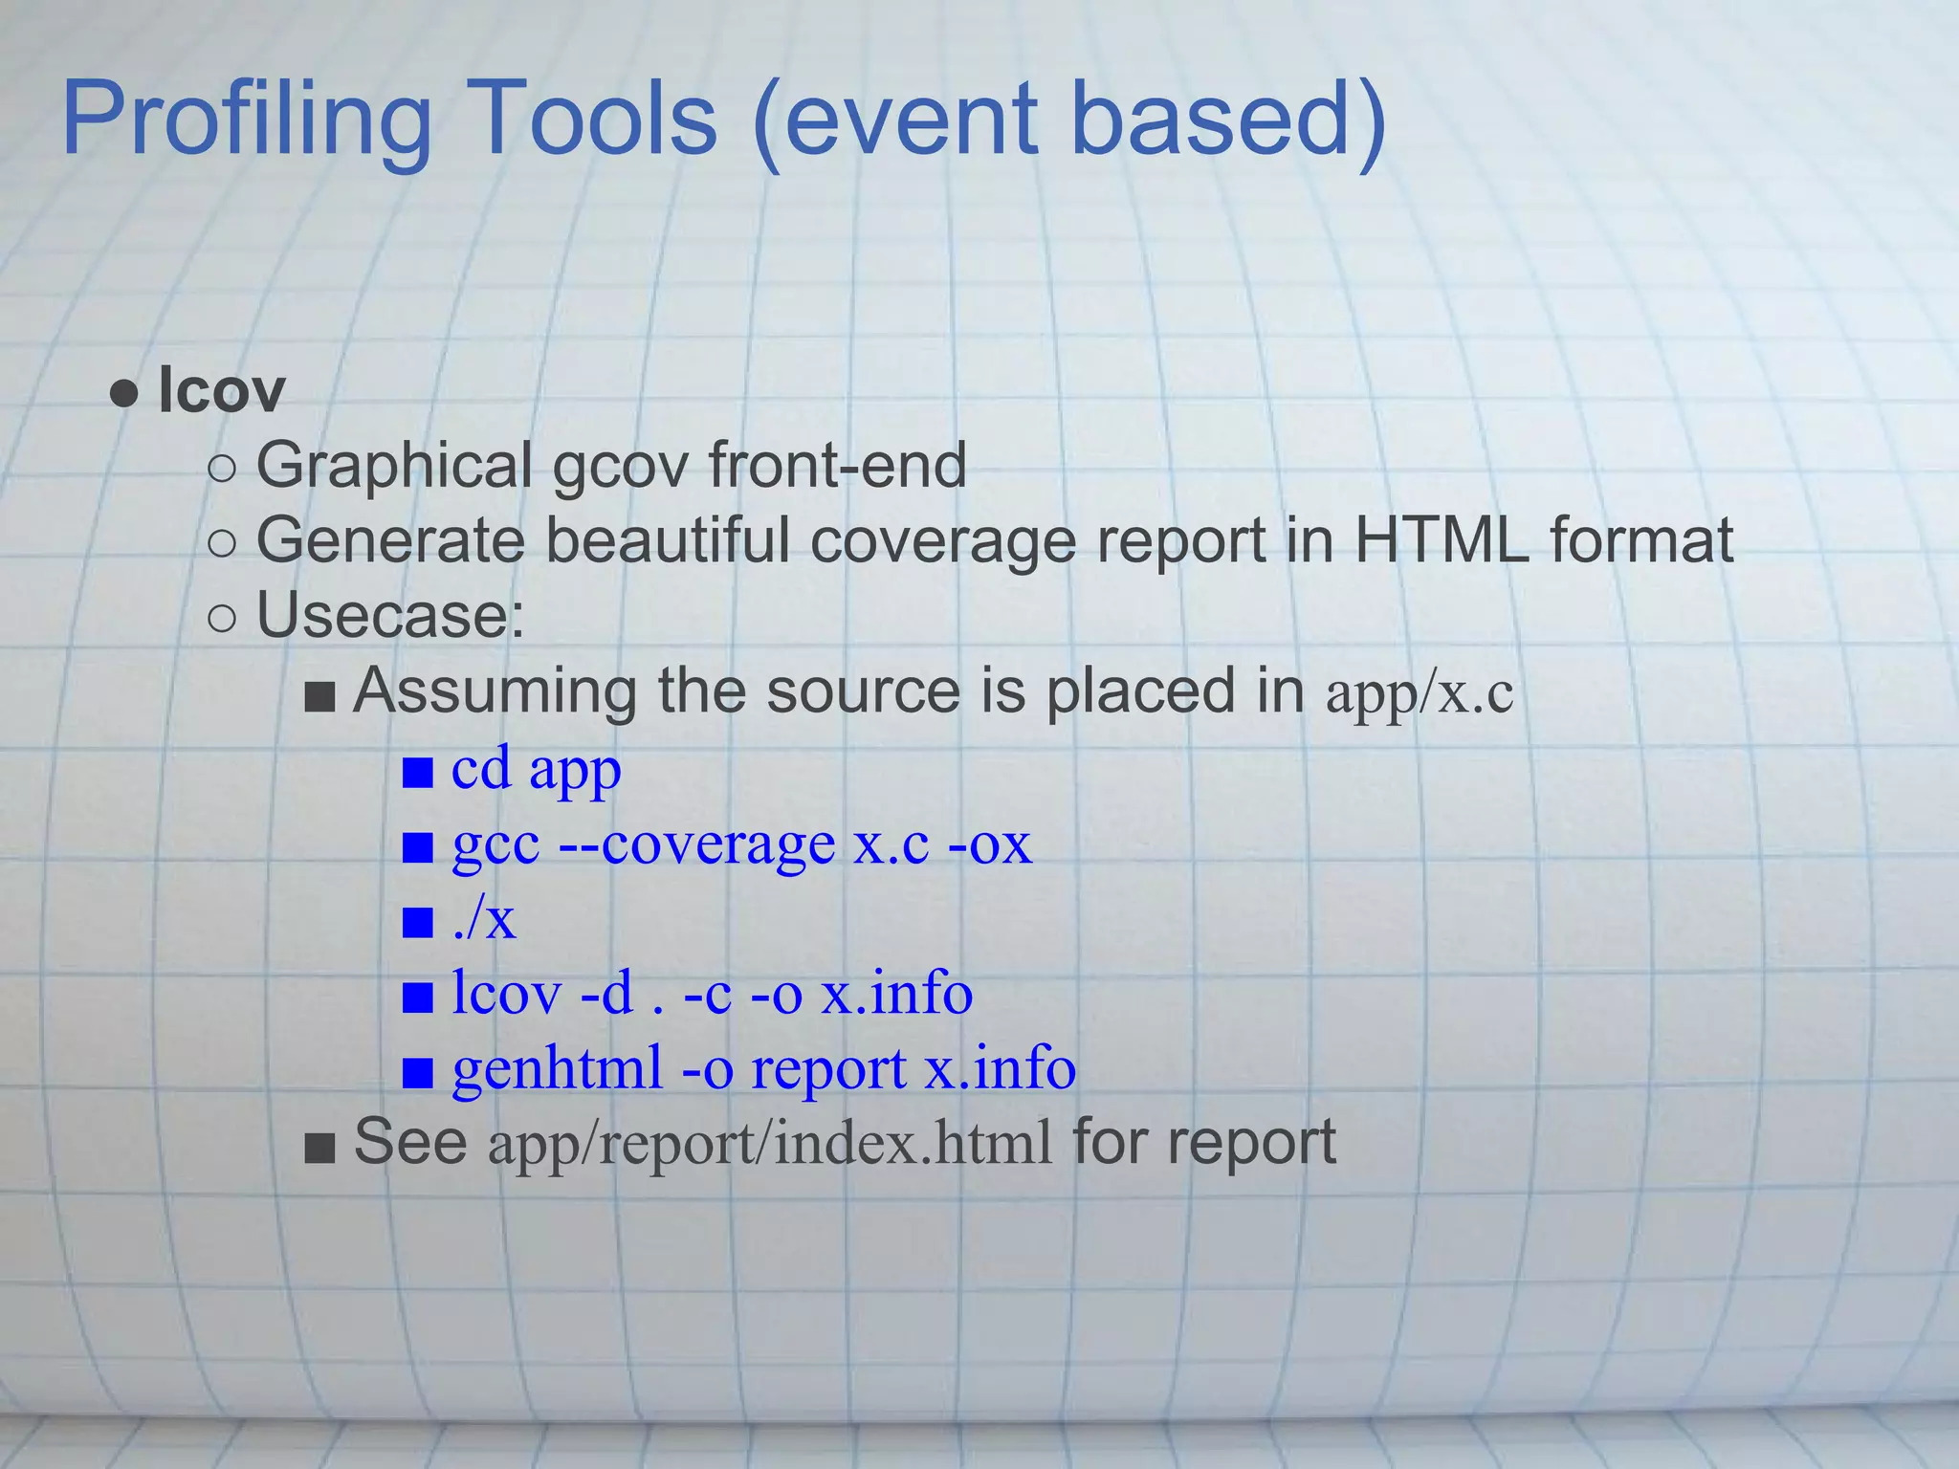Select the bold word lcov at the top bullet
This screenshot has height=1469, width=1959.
221,390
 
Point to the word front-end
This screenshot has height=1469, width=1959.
837,465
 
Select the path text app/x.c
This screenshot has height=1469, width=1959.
1420,693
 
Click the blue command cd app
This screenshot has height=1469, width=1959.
536,769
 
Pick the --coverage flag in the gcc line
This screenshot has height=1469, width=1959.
696,844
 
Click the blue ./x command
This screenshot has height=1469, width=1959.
484,919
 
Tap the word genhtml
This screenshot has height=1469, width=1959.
557,1068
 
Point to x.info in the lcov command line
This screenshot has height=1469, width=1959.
897,994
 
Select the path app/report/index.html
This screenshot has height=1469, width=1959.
770,1144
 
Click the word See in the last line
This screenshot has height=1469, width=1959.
410,1142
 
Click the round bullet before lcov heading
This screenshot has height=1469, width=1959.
124,393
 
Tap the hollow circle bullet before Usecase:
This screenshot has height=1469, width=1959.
221,619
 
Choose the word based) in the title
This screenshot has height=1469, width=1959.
1229,120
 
